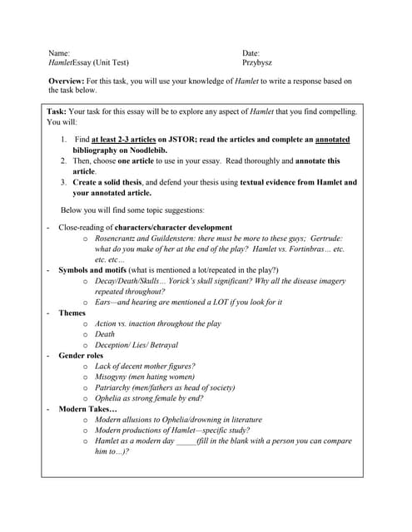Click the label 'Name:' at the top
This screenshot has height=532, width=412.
tap(59, 52)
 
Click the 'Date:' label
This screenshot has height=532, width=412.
tap(251, 52)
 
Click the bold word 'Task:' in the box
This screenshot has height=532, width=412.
tap(57, 111)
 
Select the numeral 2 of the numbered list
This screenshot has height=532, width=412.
tap(64, 160)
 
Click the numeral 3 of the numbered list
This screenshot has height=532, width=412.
tap(64, 182)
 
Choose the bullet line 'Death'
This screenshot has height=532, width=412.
tap(106, 334)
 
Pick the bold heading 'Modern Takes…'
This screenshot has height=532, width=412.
tap(87, 409)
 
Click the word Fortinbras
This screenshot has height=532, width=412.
tap(305, 249)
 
